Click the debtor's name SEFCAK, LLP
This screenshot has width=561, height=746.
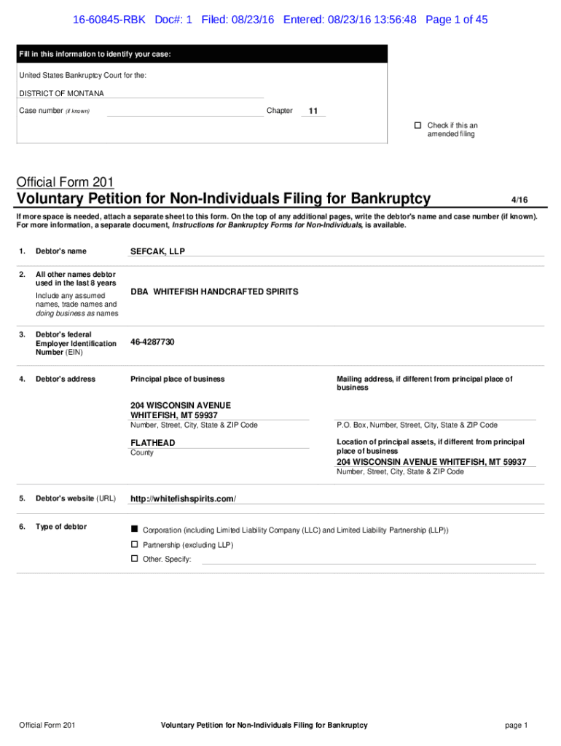pos(157,251)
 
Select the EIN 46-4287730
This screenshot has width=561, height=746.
pos(152,342)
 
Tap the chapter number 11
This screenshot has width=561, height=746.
pos(313,111)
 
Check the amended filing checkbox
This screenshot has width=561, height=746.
pos(418,125)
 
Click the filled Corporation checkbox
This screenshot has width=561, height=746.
pos(134,530)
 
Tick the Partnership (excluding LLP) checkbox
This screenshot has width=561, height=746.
pos(134,544)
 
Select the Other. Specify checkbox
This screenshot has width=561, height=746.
pos(134,559)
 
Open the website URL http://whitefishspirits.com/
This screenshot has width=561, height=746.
pos(183,498)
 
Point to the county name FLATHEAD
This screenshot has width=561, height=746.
pos(153,443)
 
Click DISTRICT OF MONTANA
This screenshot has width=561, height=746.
pos(61,93)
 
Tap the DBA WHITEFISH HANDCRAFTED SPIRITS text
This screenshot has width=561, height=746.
pos(214,291)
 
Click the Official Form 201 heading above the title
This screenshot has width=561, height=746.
pos(66,182)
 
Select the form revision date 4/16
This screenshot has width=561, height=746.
pos(519,200)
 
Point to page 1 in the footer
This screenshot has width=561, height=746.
pos(516,725)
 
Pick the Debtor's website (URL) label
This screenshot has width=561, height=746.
pos(75,498)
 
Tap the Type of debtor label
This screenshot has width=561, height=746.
pos(61,527)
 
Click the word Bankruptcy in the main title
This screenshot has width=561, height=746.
pos(391,199)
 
